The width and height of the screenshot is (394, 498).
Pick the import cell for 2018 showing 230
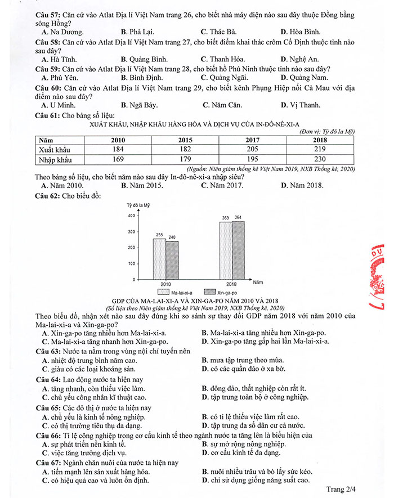coord(320,159)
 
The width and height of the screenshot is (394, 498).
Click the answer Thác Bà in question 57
coord(218,32)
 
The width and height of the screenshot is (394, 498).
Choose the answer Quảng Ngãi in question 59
coord(223,77)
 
